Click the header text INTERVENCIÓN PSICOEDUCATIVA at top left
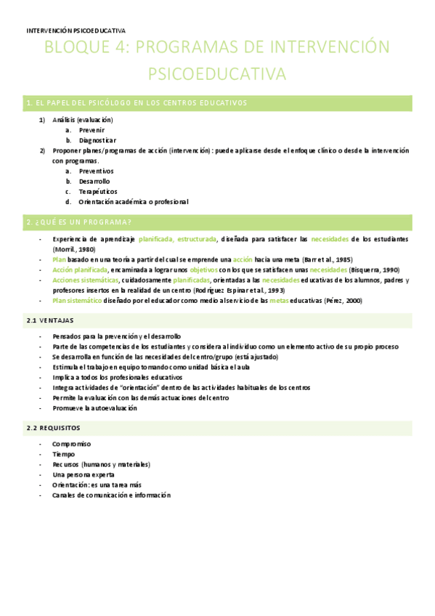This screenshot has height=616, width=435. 76,31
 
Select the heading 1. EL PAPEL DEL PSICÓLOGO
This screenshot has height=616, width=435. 137,103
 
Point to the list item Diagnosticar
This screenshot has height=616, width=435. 97,140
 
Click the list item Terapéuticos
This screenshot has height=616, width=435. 98,192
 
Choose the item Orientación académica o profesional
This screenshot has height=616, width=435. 134,202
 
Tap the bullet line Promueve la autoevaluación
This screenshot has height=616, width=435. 94,408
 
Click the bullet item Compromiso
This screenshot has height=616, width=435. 71,444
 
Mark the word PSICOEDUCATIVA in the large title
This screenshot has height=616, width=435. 217,74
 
